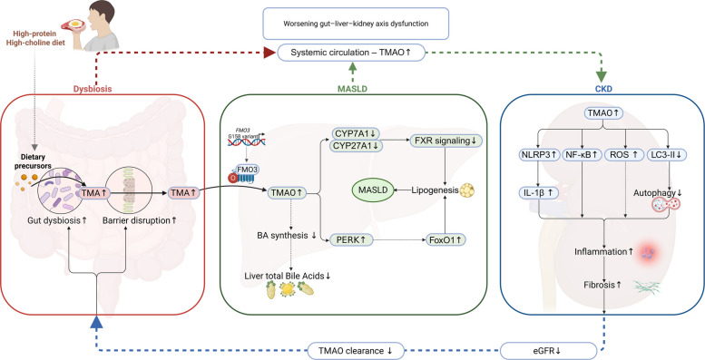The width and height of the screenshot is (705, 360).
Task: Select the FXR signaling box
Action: click(446, 141)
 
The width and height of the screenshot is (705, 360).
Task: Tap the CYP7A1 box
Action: click(357, 133)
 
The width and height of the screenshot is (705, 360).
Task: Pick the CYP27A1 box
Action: click(357, 146)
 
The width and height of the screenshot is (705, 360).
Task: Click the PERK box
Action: click(352, 240)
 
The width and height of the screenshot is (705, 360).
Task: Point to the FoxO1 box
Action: click(446, 240)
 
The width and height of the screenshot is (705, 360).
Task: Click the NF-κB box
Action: click(583, 155)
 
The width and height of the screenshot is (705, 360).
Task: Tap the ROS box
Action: click(625, 155)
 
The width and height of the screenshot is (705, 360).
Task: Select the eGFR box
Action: click(550, 349)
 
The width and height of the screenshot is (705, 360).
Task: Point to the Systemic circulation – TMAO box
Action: click(351, 53)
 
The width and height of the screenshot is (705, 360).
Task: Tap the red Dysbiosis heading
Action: click(93, 89)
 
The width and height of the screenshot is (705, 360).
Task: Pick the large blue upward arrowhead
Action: click(97, 322)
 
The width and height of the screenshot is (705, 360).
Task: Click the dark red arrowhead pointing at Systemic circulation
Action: click(269, 53)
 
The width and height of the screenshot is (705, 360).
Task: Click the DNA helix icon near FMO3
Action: click(245, 141)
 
